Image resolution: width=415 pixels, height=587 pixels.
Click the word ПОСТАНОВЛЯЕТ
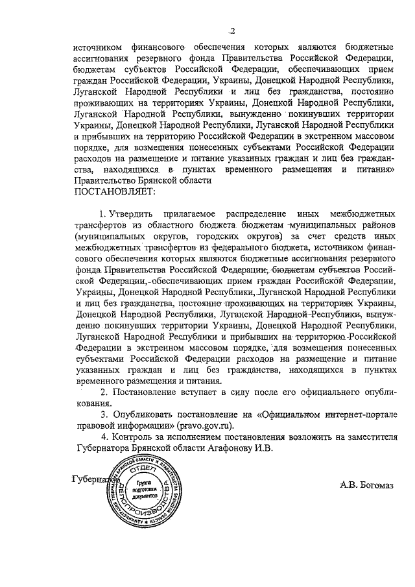coord(115,191)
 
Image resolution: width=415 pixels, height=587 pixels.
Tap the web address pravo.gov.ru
coord(199,425)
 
